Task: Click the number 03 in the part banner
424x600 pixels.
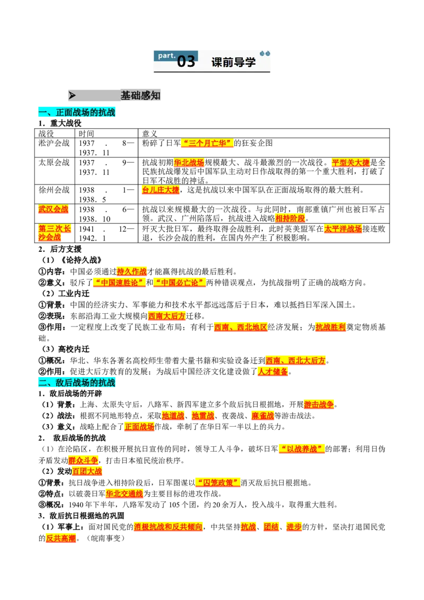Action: (x=186, y=61)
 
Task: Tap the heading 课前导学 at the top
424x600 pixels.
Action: (x=233, y=62)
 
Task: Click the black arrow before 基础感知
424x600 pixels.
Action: (x=72, y=95)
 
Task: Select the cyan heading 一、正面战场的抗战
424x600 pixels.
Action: (x=76, y=112)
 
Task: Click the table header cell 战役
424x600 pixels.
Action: (x=46, y=134)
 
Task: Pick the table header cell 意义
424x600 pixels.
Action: (x=149, y=134)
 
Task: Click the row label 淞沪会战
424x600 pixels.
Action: (x=54, y=143)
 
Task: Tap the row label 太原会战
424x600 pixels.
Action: (x=54, y=163)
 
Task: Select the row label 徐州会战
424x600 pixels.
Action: (x=54, y=190)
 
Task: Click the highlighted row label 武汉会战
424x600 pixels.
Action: (x=53, y=209)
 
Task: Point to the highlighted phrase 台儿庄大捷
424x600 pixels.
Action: (x=161, y=190)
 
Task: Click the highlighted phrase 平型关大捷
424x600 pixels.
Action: (x=350, y=163)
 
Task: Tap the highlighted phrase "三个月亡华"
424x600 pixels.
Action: (x=207, y=143)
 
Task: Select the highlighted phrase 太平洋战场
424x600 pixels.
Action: (x=343, y=229)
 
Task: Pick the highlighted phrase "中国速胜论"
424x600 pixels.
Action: (x=119, y=283)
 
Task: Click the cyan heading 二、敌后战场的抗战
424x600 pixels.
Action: (x=76, y=382)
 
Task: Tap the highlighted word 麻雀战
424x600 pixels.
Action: (x=262, y=416)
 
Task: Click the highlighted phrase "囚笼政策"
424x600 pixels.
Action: (x=218, y=482)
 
